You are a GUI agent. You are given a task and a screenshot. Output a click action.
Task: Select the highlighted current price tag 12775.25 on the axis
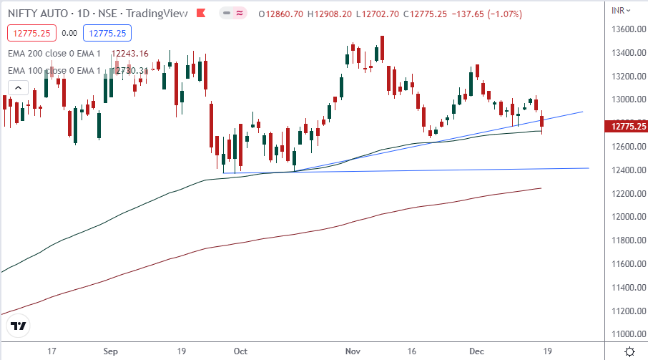coord(626,127)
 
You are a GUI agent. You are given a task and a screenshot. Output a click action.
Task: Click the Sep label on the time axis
coord(110,351)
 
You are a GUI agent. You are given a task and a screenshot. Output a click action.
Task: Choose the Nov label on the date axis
coord(353,351)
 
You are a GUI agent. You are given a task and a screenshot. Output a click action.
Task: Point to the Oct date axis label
coord(241,351)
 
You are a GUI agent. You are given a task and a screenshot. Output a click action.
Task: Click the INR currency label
coord(619,9)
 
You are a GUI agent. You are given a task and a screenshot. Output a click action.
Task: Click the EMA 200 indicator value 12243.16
coord(129,54)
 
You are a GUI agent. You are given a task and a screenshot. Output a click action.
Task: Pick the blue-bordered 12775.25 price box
coord(106,32)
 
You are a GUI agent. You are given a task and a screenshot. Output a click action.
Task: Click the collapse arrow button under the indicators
coord(18,88)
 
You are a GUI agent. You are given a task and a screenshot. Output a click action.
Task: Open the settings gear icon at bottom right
coord(629,351)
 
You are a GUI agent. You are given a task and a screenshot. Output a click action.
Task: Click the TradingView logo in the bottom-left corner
coord(19,326)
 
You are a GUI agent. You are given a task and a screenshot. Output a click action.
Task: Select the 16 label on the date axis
coord(411,351)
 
